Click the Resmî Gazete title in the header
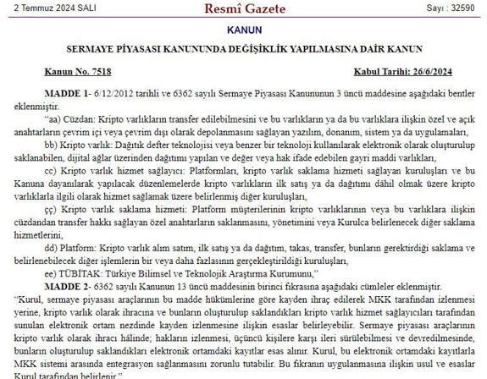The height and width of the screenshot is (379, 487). coord(244,9)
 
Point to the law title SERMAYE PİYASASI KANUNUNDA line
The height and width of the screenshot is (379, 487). coord(244,49)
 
